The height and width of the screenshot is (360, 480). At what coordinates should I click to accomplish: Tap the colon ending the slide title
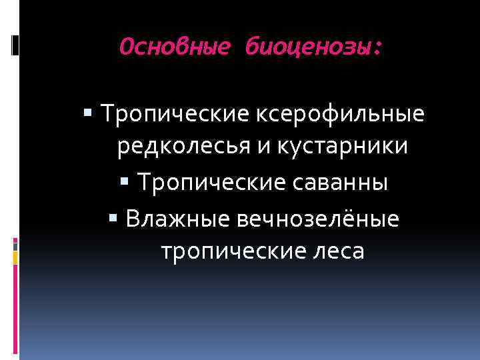pos(379,48)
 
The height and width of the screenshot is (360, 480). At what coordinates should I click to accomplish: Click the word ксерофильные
pos(339,115)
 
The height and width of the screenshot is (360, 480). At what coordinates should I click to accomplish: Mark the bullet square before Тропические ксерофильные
pos(90,115)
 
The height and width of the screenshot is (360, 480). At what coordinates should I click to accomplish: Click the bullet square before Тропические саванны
pos(123,182)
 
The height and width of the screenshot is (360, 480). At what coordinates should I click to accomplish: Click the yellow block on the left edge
pos(15,258)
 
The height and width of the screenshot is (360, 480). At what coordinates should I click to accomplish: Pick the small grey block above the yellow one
pos(15,245)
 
